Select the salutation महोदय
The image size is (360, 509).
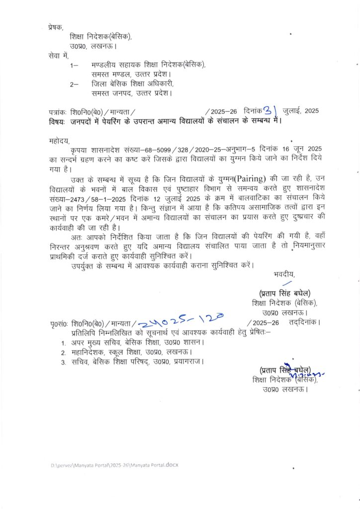pyautogui.click(x=60, y=141)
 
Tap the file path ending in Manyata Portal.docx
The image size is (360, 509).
pyautogui.click(x=114, y=465)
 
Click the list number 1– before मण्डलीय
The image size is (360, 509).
pyautogui.click(x=75, y=65)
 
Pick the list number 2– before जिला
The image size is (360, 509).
pyautogui.click(x=75, y=84)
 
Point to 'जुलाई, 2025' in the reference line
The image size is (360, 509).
pyautogui.click(x=300, y=111)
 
